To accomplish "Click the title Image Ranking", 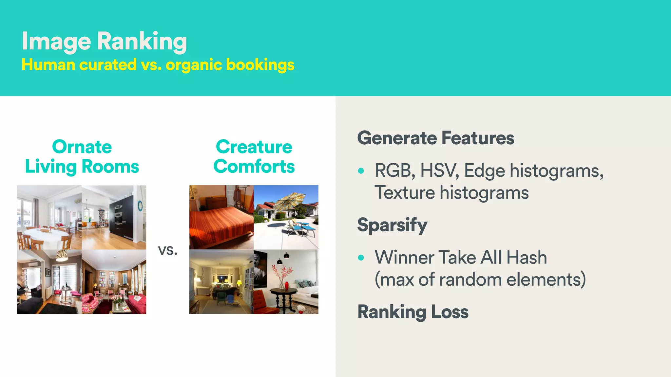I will click(x=104, y=42).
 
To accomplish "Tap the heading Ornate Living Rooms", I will click(x=82, y=156).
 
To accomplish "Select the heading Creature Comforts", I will click(x=254, y=156).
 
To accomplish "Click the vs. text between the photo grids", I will click(x=167, y=250).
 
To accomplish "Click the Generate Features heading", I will click(x=435, y=138).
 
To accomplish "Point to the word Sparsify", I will click(x=392, y=225).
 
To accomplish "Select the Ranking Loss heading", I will click(x=413, y=312).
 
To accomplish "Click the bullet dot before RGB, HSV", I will click(x=361, y=171).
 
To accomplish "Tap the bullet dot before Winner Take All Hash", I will click(x=361, y=258).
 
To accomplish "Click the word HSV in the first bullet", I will click(x=439, y=171).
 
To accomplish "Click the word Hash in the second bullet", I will click(x=527, y=258).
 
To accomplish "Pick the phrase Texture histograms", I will click(x=451, y=192).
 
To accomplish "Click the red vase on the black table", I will click(x=287, y=285).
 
